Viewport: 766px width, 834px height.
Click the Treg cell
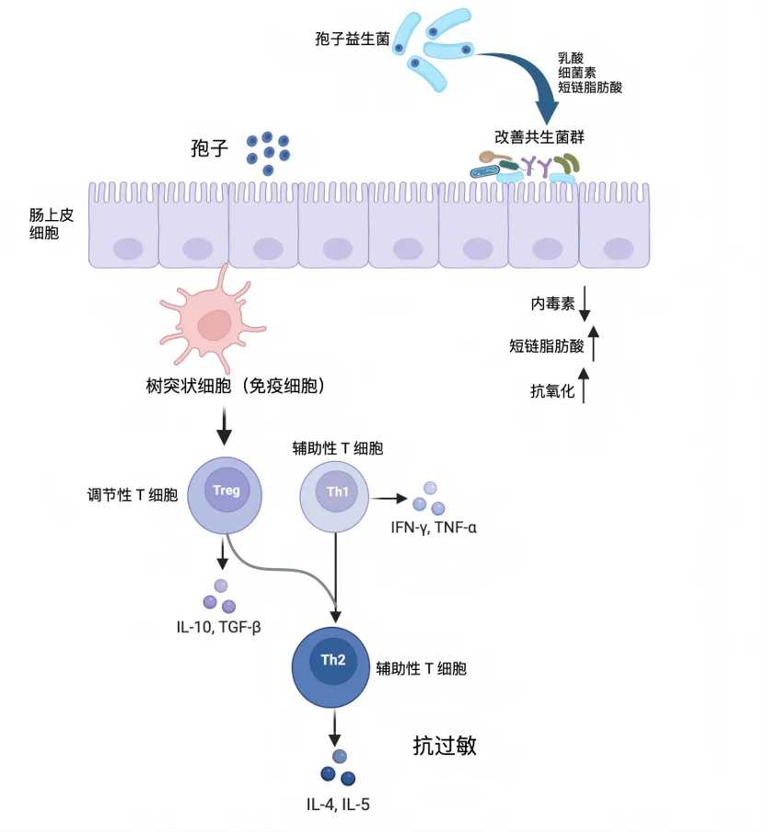click(x=226, y=494)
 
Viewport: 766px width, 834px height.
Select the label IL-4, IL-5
click(x=339, y=805)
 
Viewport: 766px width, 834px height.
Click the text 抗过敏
click(x=445, y=746)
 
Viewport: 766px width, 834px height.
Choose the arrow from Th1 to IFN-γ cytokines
click(x=389, y=499)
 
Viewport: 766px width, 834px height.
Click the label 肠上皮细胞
click(x=43, y=224)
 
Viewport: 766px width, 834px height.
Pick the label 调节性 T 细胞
click(x=127, y=495)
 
